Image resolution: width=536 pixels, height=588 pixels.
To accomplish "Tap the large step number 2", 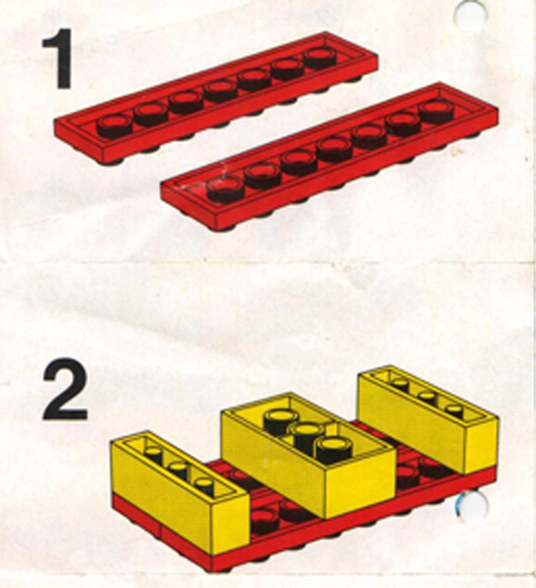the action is pyautogui.click(x=64, y=389).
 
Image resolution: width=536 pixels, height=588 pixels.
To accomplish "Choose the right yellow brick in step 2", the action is pyautogui.click(x=429, y=417).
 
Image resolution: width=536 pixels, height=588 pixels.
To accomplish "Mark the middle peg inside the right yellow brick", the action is pyautogui.click(x=428, y=398).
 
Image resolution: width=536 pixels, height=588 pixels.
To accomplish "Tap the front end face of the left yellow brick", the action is pyautogui.click(x=230, y=525).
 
